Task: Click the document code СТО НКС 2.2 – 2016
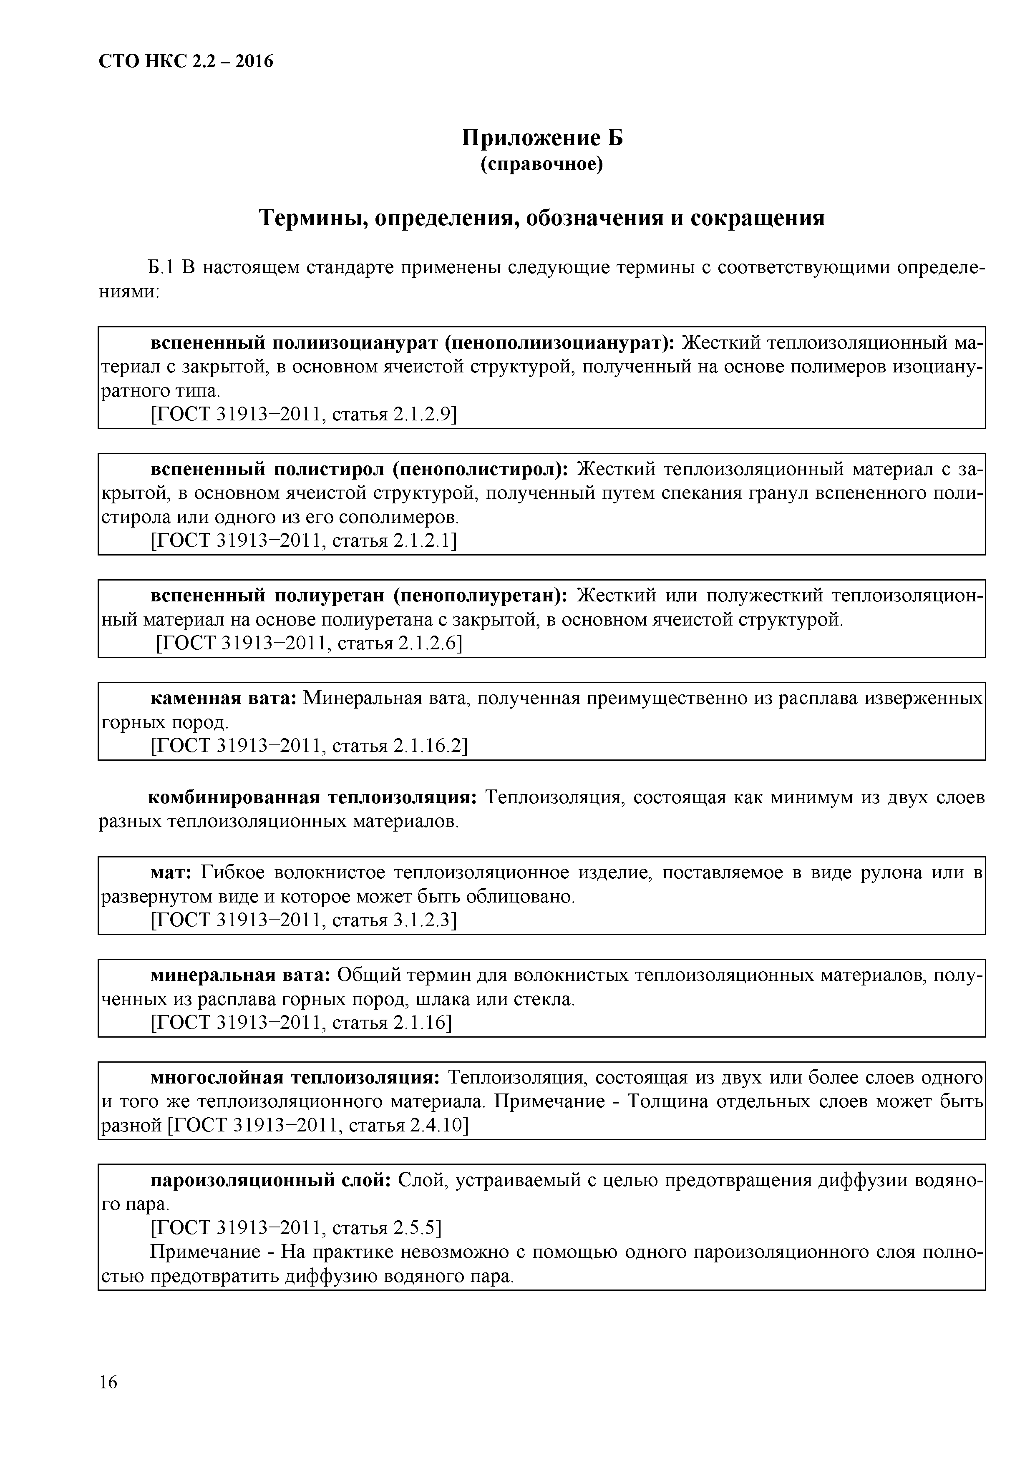186,62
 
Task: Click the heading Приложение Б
542,138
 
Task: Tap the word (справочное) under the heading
542,164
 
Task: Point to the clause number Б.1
161,268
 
